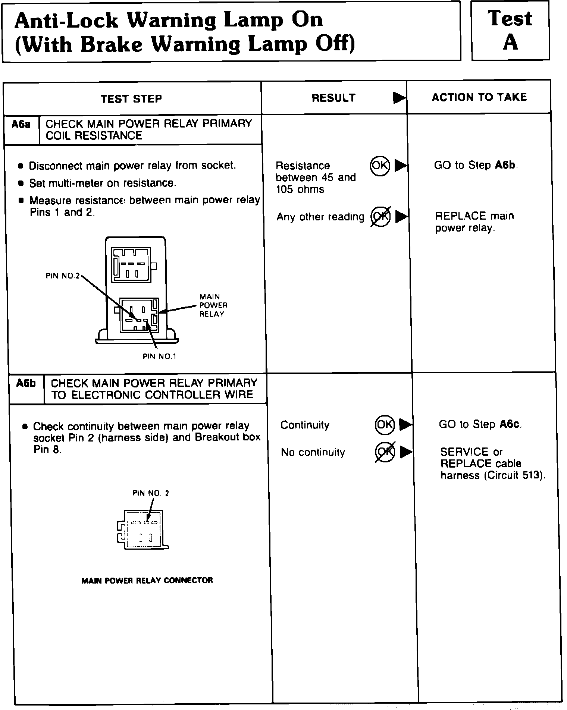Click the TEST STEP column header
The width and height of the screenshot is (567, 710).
point(131,99)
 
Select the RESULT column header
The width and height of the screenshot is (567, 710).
point(333,98)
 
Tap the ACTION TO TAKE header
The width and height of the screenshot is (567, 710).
point(479,97)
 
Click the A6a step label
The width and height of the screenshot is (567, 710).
point(21,124)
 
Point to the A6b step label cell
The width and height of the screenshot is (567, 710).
point(26,383)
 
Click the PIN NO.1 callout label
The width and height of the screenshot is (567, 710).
point(159,356)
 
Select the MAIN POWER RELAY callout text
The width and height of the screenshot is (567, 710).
point(213,305)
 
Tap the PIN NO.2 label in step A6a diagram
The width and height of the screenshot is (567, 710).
point(63,276)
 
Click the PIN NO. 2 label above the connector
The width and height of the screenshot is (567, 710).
point(151,493)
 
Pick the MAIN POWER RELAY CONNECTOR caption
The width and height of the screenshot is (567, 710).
point(147,581)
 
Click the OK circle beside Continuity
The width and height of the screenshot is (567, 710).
point(385,425)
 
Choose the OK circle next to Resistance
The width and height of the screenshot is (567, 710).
point(380,166)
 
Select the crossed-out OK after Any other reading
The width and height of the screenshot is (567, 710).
point(380,217)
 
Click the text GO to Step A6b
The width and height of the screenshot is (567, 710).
point(476,165)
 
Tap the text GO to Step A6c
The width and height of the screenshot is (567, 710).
point(480,424)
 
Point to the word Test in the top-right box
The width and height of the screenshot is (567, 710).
point(510,18)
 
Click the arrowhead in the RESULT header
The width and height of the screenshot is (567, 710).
point(399,98)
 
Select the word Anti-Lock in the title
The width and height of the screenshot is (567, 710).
point(66,20)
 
